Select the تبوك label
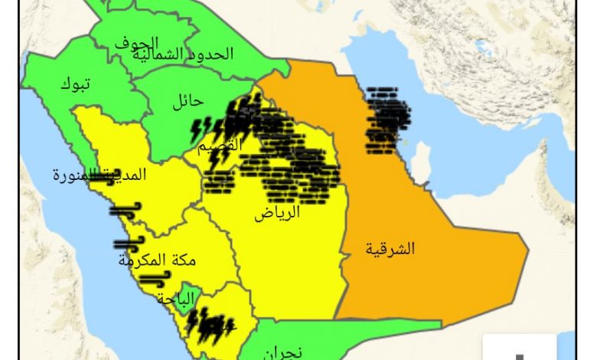coord(75,84)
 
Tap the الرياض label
coord(277,214)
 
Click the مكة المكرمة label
coord(157,260)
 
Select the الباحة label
coord(176,298)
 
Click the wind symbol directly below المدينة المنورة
coord(125,208)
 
